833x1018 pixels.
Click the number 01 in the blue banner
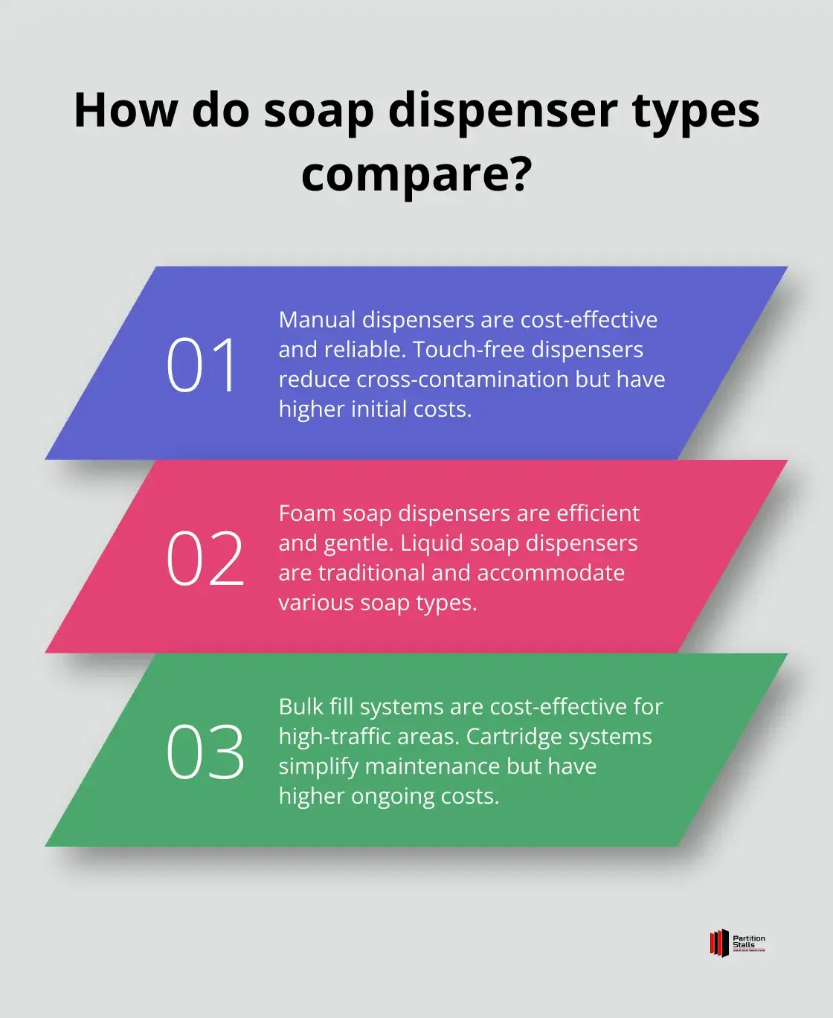(201, 365)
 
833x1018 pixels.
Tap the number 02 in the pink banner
(205, 558)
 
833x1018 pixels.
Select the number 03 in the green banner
(205, 752)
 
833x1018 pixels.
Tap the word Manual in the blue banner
(317, 319)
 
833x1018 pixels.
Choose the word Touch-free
(469, 350)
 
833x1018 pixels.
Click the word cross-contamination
(463, 380)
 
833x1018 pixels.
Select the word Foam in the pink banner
(306, 513)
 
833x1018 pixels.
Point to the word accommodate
(551, 573)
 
